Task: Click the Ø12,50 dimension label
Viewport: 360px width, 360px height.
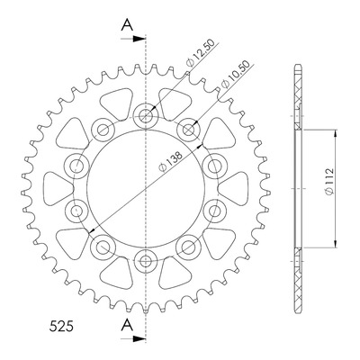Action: pos(201,53)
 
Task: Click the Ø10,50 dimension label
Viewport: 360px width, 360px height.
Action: pos(236,75)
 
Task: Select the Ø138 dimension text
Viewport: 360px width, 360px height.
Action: pos(171,162)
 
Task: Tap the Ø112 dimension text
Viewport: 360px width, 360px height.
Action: pos(329,182)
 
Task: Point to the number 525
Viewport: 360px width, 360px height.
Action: pos(61,327)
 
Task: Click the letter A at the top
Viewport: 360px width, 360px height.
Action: pos(127,24)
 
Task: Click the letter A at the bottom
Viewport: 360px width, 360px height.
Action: pos(127,325)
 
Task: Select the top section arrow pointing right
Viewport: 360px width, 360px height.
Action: pos(133,39)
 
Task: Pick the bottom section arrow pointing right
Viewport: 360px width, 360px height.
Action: pos(133,338)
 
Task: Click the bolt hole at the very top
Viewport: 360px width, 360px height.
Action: pos(146,116)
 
